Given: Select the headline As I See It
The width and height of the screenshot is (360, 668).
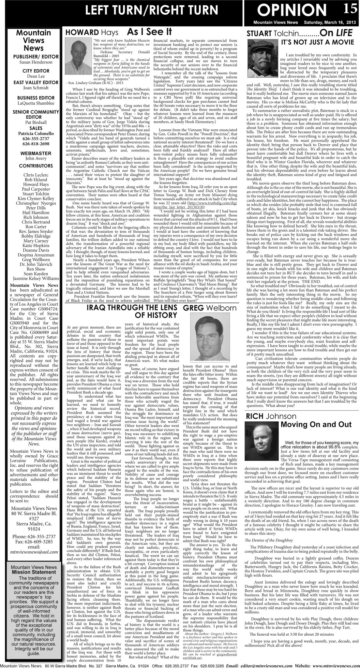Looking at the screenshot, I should click(x=149, y=32).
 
